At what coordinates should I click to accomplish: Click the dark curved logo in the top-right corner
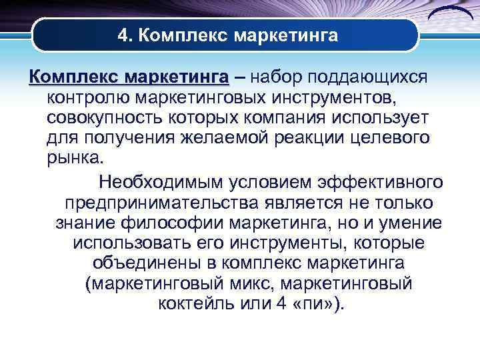448,15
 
